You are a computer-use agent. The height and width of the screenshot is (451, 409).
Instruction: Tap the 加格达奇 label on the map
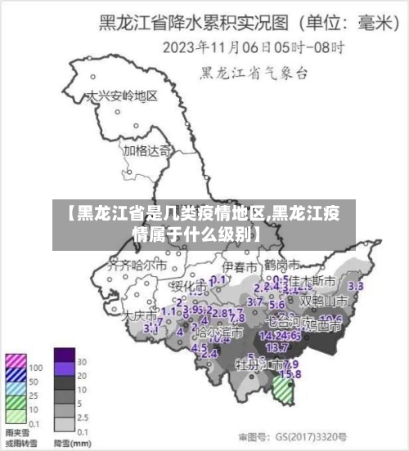(148, 150)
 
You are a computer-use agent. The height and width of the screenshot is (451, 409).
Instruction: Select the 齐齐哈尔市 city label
(138, 266)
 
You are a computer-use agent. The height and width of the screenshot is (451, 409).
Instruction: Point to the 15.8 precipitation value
(290, 374)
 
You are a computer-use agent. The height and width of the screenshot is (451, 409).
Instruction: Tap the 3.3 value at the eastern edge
(356, 287)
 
